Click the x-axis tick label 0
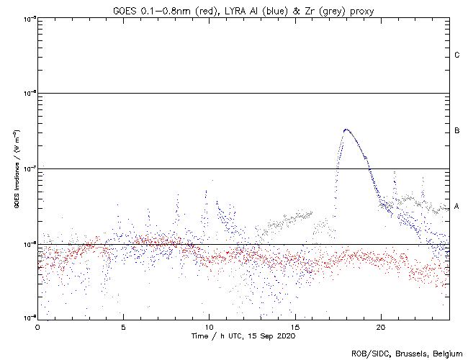point(37,326)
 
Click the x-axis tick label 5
point(123,326)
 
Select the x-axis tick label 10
point(209,326)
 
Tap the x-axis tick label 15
point(294,326)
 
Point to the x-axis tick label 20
point(380,326)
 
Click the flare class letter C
point(457,55)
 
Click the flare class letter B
point(457,131)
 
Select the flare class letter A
point(457,207)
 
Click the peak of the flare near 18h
point(346,130)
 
